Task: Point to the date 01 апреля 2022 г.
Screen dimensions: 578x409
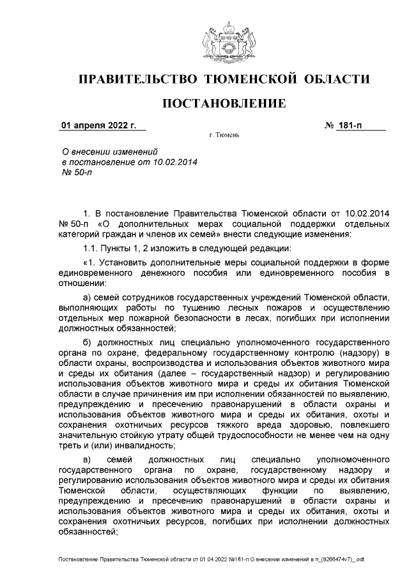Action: click(99, 125)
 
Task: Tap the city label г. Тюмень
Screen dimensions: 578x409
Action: click(224, 136)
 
